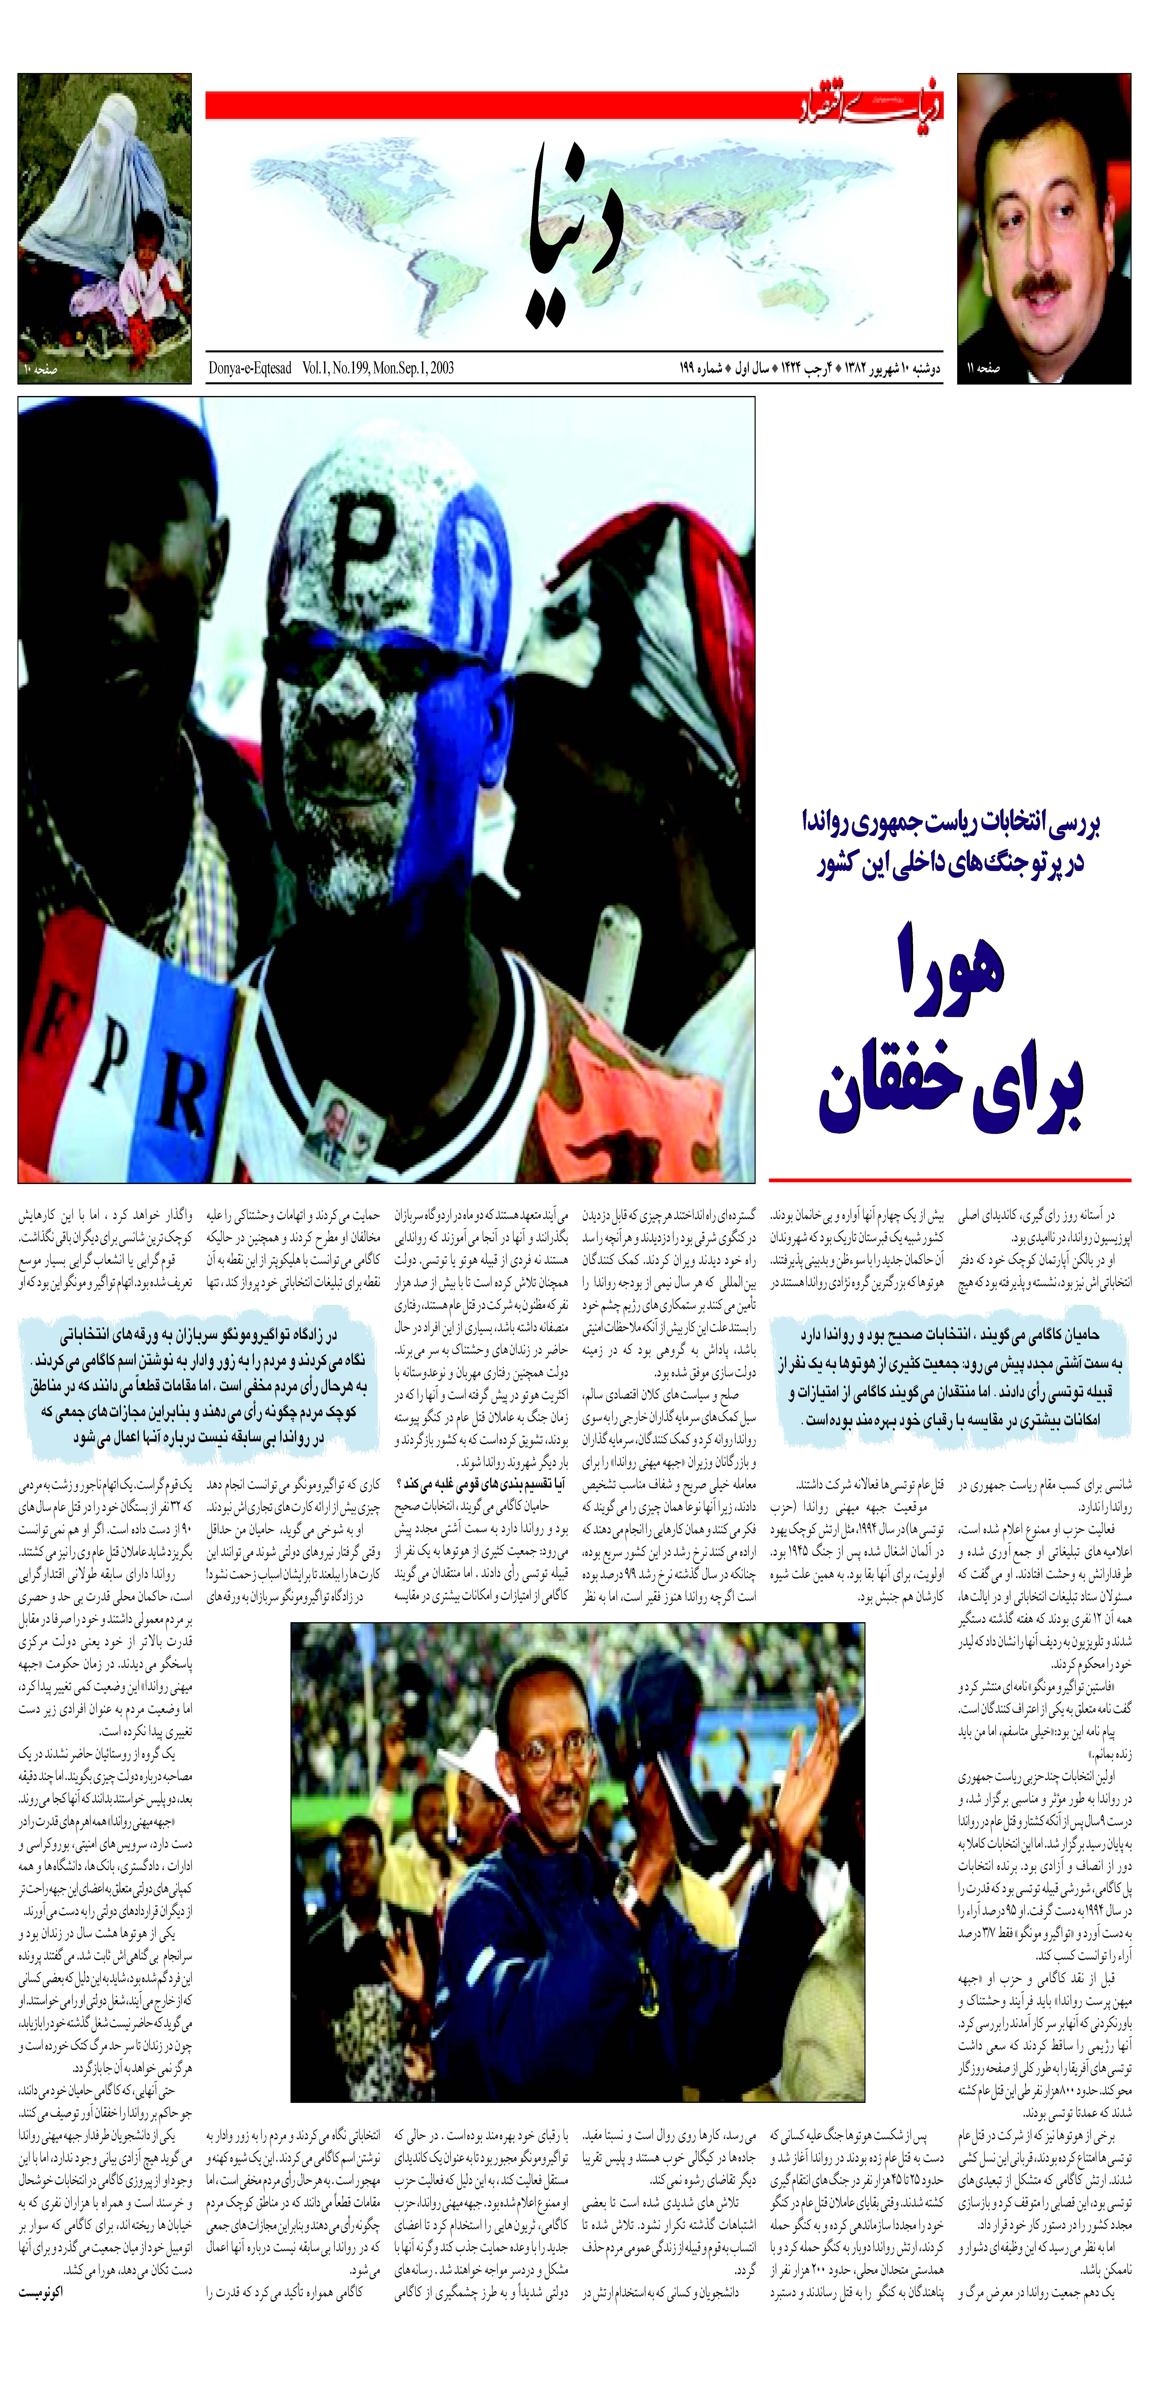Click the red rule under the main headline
(950, 1180)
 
